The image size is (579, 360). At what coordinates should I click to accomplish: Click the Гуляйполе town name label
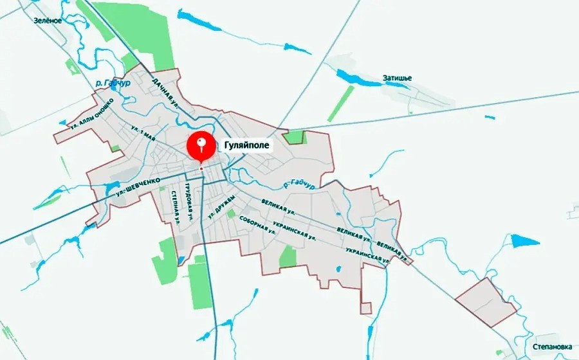[245, 145]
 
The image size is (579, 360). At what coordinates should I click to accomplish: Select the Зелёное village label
[48, 21]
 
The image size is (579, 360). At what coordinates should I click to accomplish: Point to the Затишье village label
[396, 78]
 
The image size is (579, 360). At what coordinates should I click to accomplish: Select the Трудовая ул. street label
[188, 199]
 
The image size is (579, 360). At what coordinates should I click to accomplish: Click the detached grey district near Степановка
[486, 300]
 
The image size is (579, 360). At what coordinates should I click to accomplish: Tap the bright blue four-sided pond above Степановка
[524, 241]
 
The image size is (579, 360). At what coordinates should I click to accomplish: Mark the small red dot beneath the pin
[201, 168]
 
